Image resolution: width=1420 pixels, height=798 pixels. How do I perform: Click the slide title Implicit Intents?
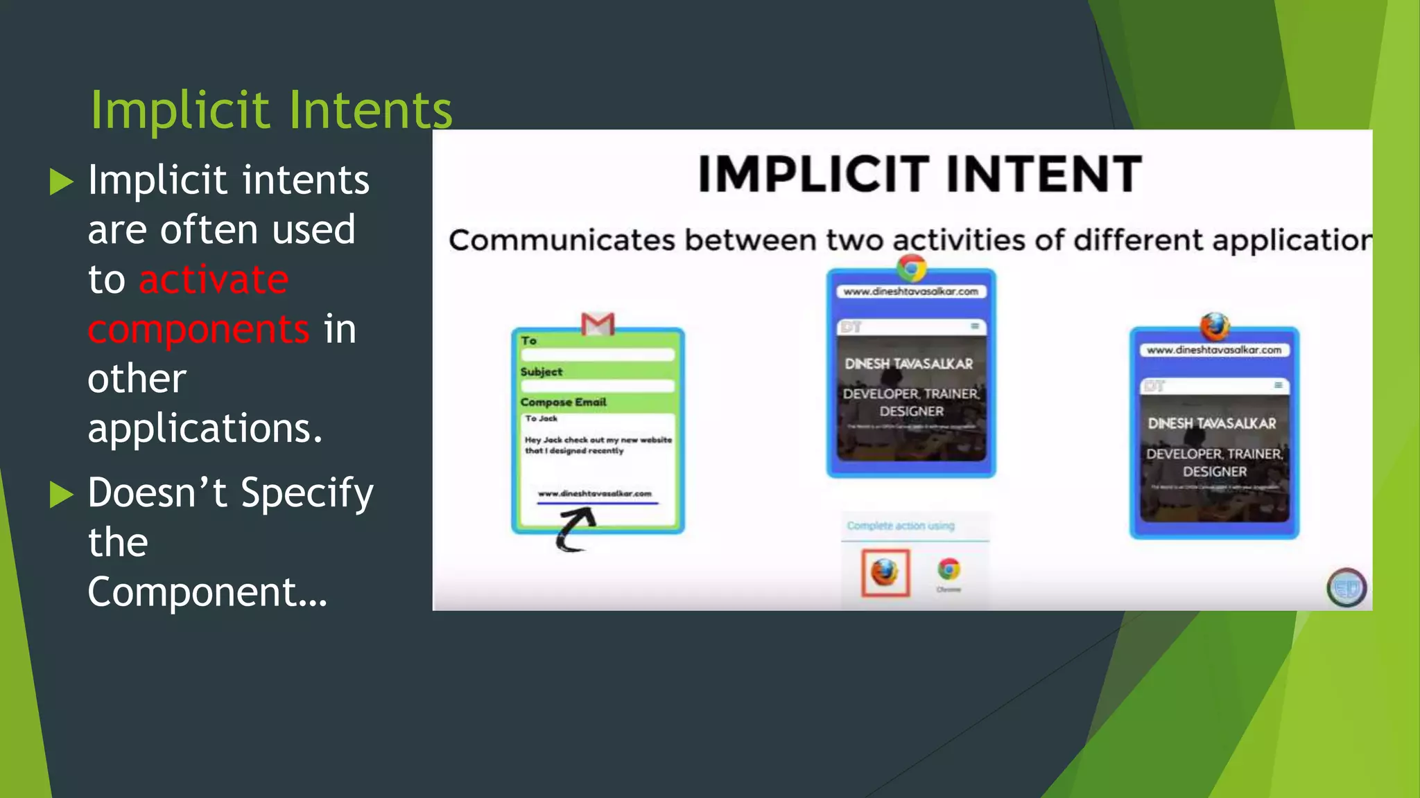(x=271, y=109)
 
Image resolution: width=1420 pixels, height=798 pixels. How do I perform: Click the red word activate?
(x=214, y=279)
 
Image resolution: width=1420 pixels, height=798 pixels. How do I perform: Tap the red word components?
(x=198, y=329)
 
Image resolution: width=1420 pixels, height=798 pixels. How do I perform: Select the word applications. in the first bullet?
(x=205, y=428)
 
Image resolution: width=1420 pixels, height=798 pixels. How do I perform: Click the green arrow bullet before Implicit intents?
(x=62, y=181)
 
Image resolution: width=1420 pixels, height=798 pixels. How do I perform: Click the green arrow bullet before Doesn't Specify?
(x=62, y=494)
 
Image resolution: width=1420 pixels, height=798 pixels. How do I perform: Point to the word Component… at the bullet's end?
(x=207, y=592)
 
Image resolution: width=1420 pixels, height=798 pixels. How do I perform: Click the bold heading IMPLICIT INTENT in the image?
(x=919, y=174)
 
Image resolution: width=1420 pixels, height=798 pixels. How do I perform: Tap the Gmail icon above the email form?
(x=598, y=323)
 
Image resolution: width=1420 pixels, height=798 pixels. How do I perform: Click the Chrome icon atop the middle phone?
(x=912, y=267)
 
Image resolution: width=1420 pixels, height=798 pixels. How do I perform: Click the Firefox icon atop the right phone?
(x=1215, y=326)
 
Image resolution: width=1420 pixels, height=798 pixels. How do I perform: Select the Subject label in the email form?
(x=542, y=372)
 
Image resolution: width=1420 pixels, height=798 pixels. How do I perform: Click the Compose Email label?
(x=563, y=402)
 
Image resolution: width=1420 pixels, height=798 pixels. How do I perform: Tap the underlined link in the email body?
(x=595, y=494)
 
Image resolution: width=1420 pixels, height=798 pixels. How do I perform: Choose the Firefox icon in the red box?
(x=885, y=572)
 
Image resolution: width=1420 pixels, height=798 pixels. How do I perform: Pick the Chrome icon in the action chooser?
(x=949, y=570)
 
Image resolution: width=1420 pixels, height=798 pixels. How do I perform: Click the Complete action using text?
(x=901, y=526)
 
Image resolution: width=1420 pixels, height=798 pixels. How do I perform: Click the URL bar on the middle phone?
(x=910, y=292)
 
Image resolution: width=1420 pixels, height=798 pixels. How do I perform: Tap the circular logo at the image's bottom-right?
(x=1347, y=588)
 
